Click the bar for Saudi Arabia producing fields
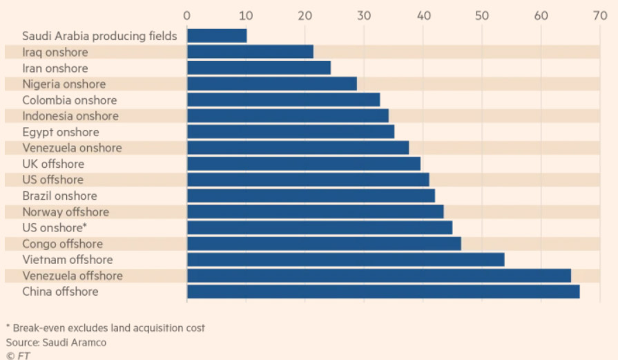[x=217, y=36]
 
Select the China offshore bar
[x=383, y=292]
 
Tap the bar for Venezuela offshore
[x=379, y=276]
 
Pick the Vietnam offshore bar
[x=345, y=260]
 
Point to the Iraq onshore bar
[x=250, y=52]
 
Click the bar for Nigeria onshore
[x=272, y=84]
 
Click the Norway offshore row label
[x=66, y=211]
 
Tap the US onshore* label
[x=54, y=227]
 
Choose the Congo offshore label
[x=62, y=244]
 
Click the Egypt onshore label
[x=61, y=132]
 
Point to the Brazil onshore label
[x=59, y=196]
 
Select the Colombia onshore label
[x=69, y=100]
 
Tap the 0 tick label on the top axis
[x=187, y=15]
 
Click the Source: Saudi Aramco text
[x=57, y=342]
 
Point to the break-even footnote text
[x=105, y=328]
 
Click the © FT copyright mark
[x=19, y=355]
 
